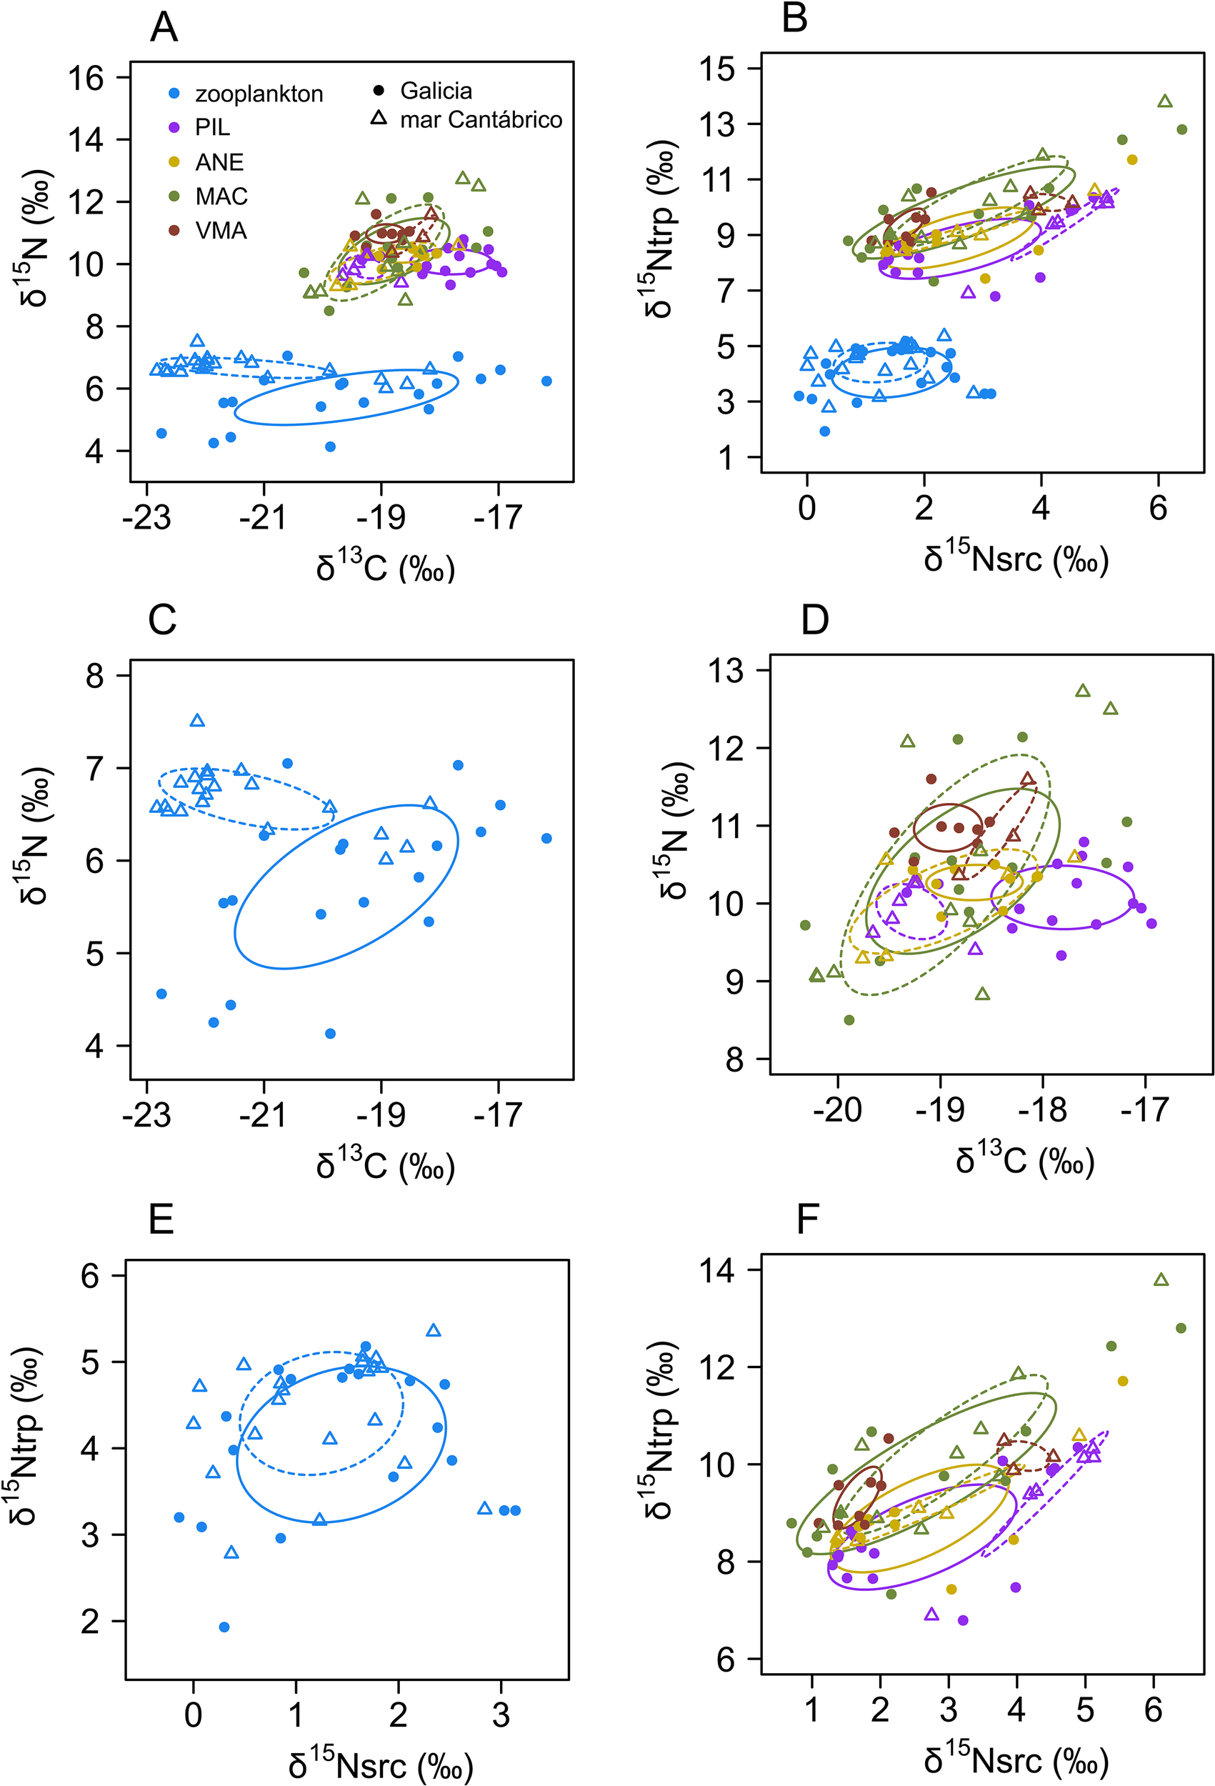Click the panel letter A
[x=164, y=29]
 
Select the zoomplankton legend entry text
[x=259, y=94]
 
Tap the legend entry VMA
[x=221, y=231]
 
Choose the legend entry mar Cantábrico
[x=480, y=120]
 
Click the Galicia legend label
[x=436, y=91]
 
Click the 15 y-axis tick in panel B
[x=717, y=69]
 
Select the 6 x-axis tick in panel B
[x=1157, y=508]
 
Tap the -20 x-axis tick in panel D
[x=838, y=1109]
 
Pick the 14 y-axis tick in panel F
[x=716, y=1270]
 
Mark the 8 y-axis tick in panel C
[x=94, y=677]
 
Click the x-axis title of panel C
[x=385, y=1166]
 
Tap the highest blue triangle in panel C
[x=198, y=721]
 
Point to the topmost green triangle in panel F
[x=1161, y=1280]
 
